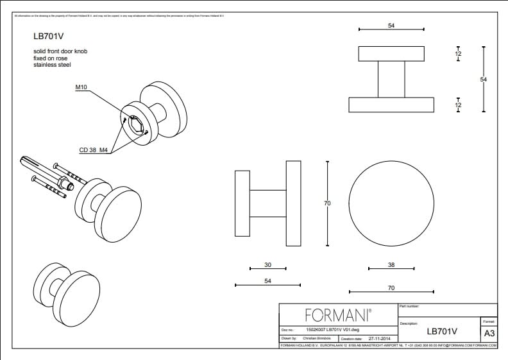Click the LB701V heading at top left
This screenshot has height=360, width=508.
[47, 37]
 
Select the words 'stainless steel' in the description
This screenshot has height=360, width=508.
[52, 65]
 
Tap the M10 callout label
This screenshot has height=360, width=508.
[81, 87]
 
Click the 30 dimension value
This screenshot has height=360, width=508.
[267, 264]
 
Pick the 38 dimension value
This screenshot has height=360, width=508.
[391, 264]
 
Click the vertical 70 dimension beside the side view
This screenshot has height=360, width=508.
[327, 203]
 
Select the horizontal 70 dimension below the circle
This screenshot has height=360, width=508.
[391, 288]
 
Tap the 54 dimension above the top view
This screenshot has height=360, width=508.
[391, 26]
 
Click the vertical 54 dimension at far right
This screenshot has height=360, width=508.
[484, 79]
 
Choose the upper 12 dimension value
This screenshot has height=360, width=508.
[458, 55]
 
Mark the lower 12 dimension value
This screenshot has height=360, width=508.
[458, 104]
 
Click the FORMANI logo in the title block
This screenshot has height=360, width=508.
[338, 314]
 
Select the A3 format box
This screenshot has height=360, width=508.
[489, 333]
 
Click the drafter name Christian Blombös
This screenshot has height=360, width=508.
[319, 338]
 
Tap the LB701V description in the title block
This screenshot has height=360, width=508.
[441, 332]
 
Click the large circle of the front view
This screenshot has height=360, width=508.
[391, 203]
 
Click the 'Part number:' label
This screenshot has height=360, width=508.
[409, 307]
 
